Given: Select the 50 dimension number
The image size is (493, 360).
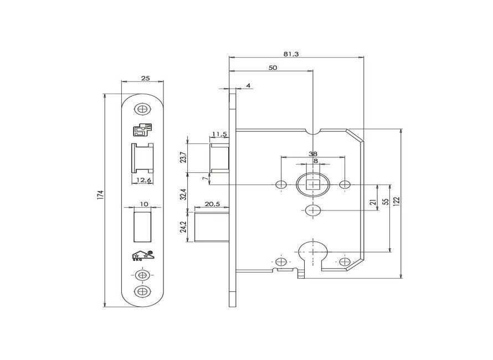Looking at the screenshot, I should click(272, 68).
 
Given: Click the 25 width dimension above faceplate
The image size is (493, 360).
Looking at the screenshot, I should click(145, 79).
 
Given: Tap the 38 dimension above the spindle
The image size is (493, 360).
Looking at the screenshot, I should click(314, 155).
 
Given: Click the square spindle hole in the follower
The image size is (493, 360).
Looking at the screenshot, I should click(314, 184).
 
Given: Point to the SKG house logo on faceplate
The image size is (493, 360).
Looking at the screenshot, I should click(143, 256).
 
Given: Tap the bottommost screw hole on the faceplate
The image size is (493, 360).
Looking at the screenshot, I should click(143, 291).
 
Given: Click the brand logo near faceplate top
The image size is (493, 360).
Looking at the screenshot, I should click(141, 130).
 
